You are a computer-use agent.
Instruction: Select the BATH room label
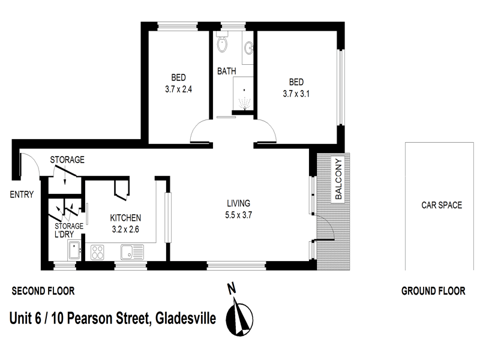226,71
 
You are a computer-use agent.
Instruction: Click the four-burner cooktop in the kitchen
98,251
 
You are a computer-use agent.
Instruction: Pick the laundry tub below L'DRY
74,250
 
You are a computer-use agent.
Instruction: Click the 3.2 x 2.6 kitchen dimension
125,229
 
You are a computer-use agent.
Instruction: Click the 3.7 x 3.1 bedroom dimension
296,93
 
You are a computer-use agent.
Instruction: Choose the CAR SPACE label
441,205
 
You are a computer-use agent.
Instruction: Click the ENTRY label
21,194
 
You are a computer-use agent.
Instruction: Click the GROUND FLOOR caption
433,292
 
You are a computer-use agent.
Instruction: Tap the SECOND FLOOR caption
43,292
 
